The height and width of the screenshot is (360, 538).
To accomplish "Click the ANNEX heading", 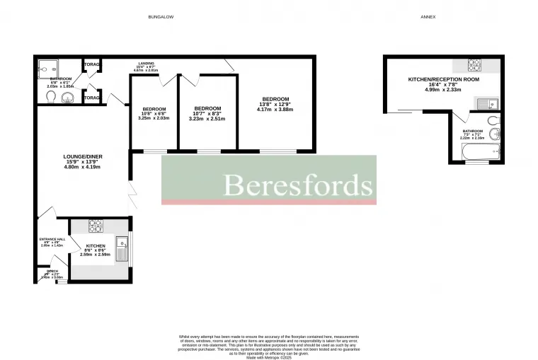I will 428,16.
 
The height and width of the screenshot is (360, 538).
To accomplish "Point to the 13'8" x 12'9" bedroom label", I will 275,99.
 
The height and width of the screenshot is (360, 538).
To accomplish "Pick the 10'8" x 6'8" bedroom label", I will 154,109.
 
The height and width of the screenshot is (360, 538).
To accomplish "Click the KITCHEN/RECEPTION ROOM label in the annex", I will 443,80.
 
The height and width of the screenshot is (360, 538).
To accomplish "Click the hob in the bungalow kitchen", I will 96,226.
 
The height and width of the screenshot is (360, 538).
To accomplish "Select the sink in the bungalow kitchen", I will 122,250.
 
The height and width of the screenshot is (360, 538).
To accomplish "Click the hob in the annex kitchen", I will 474,65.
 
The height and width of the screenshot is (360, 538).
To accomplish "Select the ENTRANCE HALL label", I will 52,239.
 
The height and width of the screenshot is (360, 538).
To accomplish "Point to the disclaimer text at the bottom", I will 269,347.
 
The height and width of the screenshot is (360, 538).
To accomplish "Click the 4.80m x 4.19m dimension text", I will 81,167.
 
